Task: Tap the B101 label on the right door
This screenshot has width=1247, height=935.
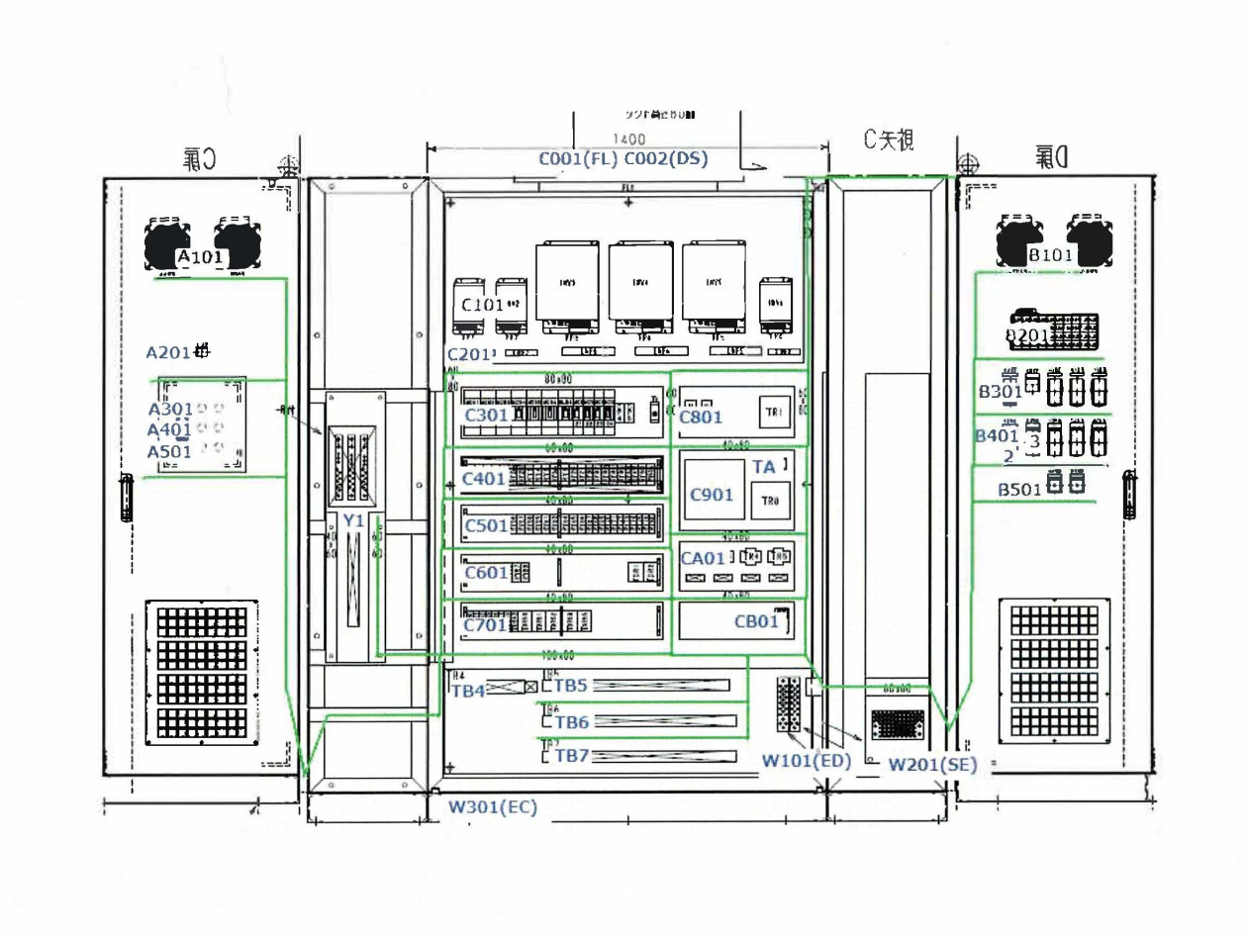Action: click(1049, 256)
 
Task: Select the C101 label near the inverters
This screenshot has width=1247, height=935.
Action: click(483, 305)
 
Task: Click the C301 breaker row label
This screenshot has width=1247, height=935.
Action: click(487, 415)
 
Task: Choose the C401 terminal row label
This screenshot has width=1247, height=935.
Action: click(484, 479)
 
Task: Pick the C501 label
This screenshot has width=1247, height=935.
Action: click(486, 524)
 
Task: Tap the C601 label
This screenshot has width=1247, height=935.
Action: click(486, 572)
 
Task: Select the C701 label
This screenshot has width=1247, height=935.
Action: click(486, 624)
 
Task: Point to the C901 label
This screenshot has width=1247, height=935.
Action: click(712, 494)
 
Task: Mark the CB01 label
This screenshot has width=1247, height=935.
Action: click(756, 622)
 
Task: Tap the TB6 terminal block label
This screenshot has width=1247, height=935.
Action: click(571, 723)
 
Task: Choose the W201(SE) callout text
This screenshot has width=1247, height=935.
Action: click(930, 764)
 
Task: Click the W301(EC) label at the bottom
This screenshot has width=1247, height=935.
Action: click(492, 806)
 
